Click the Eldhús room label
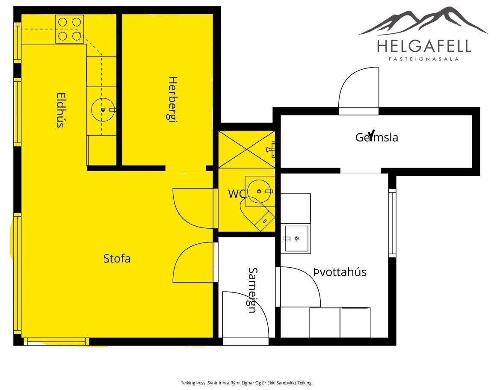[60, 110]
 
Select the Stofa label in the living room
[117, 259]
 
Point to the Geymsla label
[376, 137]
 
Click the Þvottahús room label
[340, 272]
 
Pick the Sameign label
[253, 290]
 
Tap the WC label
[237, 194]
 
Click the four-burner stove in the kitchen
[70, 29]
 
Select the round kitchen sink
[103, 109]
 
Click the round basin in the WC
[259, 191]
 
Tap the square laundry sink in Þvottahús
[296, 238]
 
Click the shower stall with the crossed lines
[247, 149]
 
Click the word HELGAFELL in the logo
[424, 46]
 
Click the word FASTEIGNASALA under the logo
[424, 59]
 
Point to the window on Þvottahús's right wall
[392, 223]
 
